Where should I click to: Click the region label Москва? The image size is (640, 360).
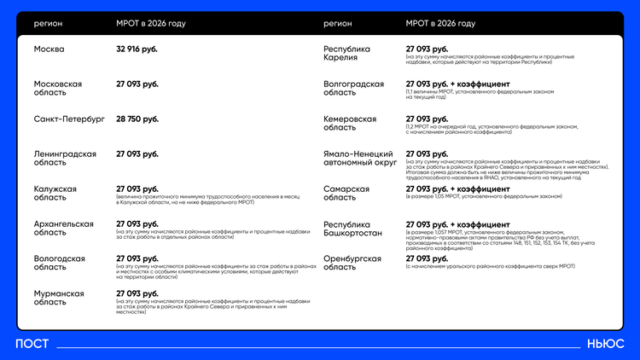click(x=49, y=49)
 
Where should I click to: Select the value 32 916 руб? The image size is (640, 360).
click(x=137, y=49)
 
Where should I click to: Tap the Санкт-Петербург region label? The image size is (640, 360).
click(x=69, y=119)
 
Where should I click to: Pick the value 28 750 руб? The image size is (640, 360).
click(x=137, y=119)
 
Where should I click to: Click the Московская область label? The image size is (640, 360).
click(x=58, y=89)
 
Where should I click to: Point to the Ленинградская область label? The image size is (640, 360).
click(x=64, y=158)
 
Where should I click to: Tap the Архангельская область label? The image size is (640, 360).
click(x=64, y=228)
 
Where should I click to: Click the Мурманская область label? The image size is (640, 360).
click(x=59, y=297)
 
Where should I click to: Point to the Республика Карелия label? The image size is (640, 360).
click(x=347, y=54)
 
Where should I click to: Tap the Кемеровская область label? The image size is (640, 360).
click(x=350, y=123)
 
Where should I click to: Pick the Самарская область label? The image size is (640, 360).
click(x=346, y=193)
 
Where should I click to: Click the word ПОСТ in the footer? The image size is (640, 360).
click(x=32, y=344)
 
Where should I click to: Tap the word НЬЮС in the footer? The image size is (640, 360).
click(x=605, y=344)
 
